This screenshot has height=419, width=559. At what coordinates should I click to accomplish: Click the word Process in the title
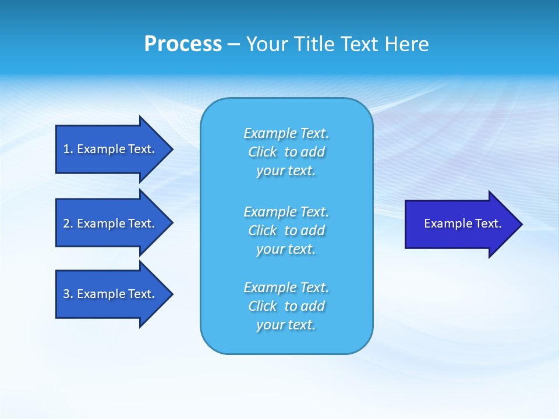click(x=183, y=44)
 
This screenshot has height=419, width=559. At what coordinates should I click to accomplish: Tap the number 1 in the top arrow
click(x=67, y=149)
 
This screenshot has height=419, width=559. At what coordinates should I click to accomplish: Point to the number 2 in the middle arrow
click(x=67, y=223)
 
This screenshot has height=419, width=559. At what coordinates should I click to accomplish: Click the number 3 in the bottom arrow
click(x=67, y=294)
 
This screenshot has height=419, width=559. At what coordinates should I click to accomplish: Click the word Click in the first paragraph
click(x=262, y=152)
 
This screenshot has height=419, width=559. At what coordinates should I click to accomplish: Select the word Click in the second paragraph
click(x=262, y=230)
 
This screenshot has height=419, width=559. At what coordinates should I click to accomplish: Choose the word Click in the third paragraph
click(x=262, y=306)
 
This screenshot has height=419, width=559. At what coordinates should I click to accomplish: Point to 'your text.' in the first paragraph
click(x=286, y=171)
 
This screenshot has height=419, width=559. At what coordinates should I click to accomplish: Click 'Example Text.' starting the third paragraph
click(x=286, y=287)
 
